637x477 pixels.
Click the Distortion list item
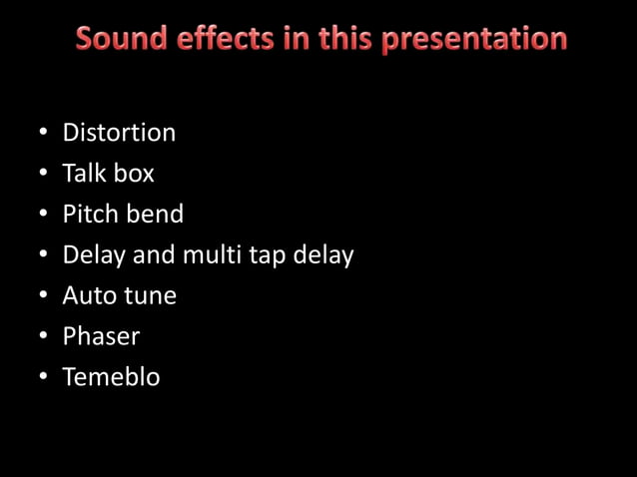119,133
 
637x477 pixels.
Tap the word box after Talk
134,174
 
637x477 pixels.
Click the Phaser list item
102,337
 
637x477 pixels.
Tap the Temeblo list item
111,378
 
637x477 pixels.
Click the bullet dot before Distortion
44,134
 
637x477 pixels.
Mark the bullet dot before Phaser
44,338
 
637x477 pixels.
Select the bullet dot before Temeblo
44,379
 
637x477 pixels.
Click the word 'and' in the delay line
153,255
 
